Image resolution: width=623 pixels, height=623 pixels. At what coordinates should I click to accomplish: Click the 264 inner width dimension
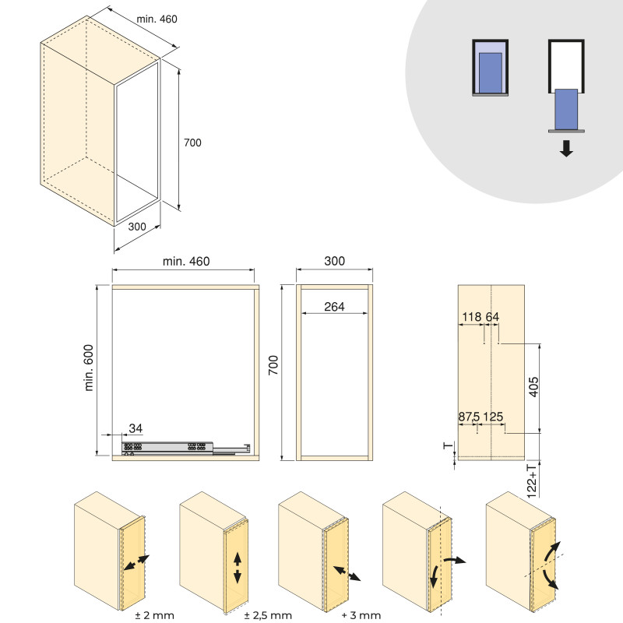pos(334,307)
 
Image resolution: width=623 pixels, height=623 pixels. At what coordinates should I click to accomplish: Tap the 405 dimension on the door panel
pos(533,386)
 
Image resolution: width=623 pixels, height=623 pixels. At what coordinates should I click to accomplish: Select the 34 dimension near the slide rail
pos(136,428)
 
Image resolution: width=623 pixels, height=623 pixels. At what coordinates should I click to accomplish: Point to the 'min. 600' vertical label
pos(89,368)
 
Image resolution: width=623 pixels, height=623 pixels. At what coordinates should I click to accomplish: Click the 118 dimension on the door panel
pos(472,317)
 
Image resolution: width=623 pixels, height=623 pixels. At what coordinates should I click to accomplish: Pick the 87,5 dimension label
pos(470,417)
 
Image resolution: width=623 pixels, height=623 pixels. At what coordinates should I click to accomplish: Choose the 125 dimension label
pos(493,417)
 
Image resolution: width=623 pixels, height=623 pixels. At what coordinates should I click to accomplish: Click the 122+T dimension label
pos(532,480)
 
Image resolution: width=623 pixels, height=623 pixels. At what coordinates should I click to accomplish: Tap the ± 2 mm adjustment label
pos(154,615)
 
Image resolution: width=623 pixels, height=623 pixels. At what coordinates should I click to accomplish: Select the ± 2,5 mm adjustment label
pos(268,615)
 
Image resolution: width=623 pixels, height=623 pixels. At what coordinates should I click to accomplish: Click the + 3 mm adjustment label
pos(361,615)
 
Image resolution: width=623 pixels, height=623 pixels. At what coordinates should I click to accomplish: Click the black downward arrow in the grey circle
pos(566,148)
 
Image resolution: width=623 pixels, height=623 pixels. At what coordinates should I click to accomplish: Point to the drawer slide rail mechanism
pos(186,448)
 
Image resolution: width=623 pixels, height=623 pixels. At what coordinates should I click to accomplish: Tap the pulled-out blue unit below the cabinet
pos(566,109)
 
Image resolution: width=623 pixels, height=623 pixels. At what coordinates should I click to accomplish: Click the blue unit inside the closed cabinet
pos(491,72)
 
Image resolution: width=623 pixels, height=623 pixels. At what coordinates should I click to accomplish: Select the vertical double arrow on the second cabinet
pos(238,568)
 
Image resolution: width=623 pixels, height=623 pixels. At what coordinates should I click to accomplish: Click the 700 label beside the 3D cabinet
pos(192,143)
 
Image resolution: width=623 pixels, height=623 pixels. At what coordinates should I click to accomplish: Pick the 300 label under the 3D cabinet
pos(137,227)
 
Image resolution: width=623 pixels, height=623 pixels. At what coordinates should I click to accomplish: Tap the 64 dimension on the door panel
pos(492,317)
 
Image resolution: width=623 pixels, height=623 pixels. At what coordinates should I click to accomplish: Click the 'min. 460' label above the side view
pos(186,261)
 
